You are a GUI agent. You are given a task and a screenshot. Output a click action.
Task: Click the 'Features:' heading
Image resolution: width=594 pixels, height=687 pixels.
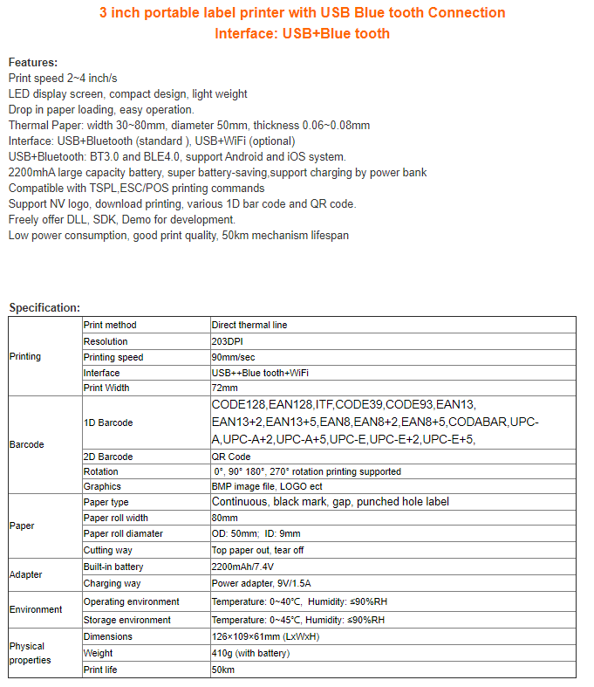coord(33,62)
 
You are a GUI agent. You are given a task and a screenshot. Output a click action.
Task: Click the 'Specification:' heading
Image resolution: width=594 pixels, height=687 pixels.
coord(44,307)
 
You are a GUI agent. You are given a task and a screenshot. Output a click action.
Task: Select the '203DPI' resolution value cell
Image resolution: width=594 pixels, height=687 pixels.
coord(230,341)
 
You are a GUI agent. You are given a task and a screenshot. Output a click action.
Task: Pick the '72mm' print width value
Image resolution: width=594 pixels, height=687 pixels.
coord(224,388)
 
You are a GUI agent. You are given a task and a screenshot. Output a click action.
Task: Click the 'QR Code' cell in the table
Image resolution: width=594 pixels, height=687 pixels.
coord(231,457)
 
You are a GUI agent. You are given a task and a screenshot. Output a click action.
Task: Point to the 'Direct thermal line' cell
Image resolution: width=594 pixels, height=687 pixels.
coord(249,325)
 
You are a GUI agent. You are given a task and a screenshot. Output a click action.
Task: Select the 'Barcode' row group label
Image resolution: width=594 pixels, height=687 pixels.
coord(26,444)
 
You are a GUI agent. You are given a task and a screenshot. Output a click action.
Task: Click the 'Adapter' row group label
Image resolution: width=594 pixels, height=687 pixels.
coord(25,575)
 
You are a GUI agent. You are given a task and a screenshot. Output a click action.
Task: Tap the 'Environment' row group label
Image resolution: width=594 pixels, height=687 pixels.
coord(36,609)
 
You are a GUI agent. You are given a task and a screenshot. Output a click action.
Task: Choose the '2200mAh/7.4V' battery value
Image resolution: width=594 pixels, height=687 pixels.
coord(242,567)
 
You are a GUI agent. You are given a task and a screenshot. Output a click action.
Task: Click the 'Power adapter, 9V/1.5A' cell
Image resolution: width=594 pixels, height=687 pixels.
coord(263,583)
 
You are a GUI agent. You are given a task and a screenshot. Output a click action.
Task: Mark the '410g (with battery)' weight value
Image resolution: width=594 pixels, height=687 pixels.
coord(251,653)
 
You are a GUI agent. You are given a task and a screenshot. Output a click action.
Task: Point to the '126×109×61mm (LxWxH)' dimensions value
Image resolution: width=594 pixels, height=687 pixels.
coord(265,636)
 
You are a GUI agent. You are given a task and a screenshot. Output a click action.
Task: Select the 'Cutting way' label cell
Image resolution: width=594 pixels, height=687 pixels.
coord(109,550)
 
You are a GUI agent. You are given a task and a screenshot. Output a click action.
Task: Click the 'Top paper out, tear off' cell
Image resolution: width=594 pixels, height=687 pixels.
coord(258,550)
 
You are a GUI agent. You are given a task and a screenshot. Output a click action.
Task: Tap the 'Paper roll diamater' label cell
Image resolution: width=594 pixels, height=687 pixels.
coord(123,533)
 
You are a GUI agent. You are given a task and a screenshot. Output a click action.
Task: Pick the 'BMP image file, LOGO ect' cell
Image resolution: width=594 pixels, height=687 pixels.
coord(267,486)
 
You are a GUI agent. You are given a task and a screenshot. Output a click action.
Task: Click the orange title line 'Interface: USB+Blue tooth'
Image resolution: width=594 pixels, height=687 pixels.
coord(302,33)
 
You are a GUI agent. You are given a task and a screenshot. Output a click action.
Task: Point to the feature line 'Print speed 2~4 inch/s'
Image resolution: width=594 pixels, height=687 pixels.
coord(63,78)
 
